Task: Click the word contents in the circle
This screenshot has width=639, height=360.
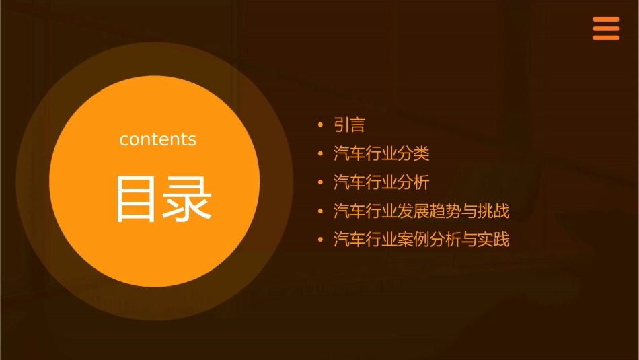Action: coord(158,139)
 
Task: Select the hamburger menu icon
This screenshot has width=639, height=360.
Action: coord(605,29)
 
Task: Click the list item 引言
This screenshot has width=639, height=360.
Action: coord(349,125)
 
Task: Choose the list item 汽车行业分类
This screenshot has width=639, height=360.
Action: coord(381,154)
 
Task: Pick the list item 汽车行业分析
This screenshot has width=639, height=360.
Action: coord(381,182)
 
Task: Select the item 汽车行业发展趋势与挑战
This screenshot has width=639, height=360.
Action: coord(422,211)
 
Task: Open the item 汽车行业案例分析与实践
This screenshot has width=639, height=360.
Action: coord(422,240)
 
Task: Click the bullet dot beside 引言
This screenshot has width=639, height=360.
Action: coord(321,125)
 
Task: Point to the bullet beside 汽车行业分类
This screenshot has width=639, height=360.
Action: coord(321,154)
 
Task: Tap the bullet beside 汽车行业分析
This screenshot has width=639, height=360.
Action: coord(321,182)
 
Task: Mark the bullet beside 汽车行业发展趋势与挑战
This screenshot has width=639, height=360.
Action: coord(321,211)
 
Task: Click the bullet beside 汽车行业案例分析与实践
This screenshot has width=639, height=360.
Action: coord(321,240)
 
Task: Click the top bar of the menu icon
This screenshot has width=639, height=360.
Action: coord(605,20)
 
